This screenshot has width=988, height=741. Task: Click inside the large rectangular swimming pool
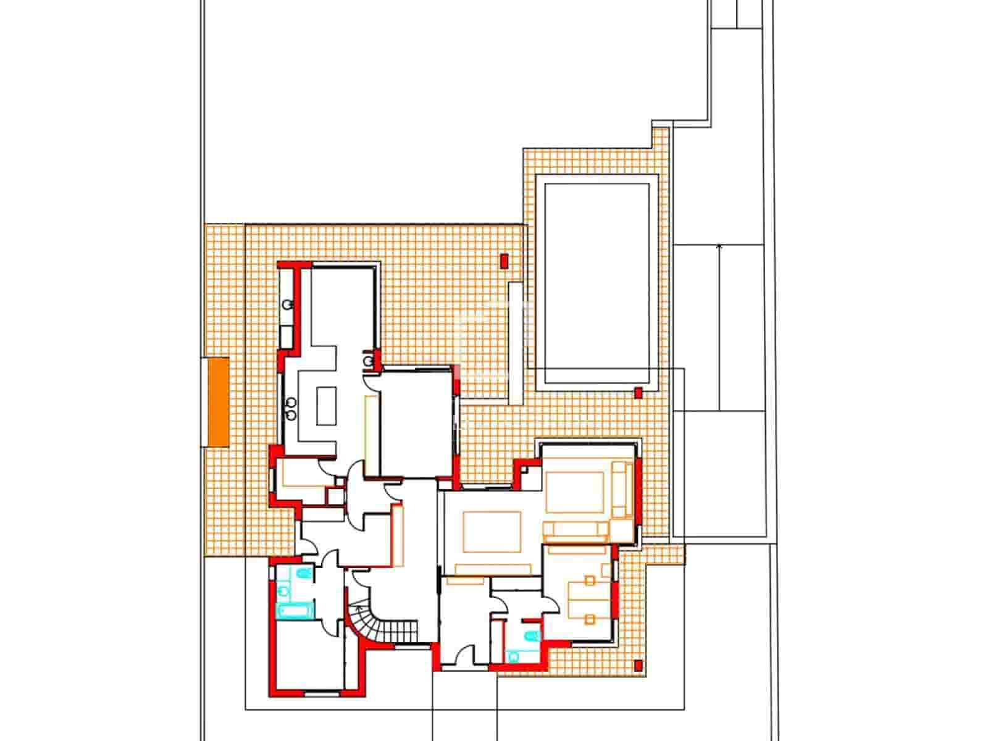597,281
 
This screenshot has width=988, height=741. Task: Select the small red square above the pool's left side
504,261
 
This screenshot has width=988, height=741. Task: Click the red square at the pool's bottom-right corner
638,391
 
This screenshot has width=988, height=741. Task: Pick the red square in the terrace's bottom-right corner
638,665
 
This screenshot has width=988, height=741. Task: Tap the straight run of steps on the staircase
398,630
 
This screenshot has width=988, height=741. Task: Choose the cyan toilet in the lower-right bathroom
530,636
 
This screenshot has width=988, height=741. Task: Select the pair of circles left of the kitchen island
291,408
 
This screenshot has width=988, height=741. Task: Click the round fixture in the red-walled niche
369,359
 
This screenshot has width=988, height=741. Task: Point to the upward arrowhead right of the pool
719,248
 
